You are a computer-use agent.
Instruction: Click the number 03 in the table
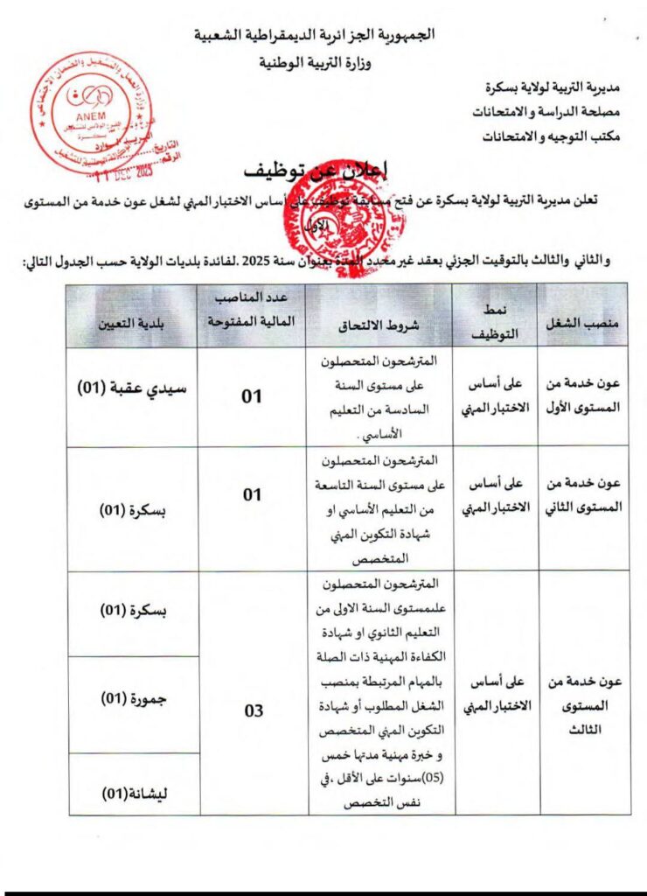click(253, 710)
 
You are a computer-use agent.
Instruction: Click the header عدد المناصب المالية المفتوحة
click(253, 311)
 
